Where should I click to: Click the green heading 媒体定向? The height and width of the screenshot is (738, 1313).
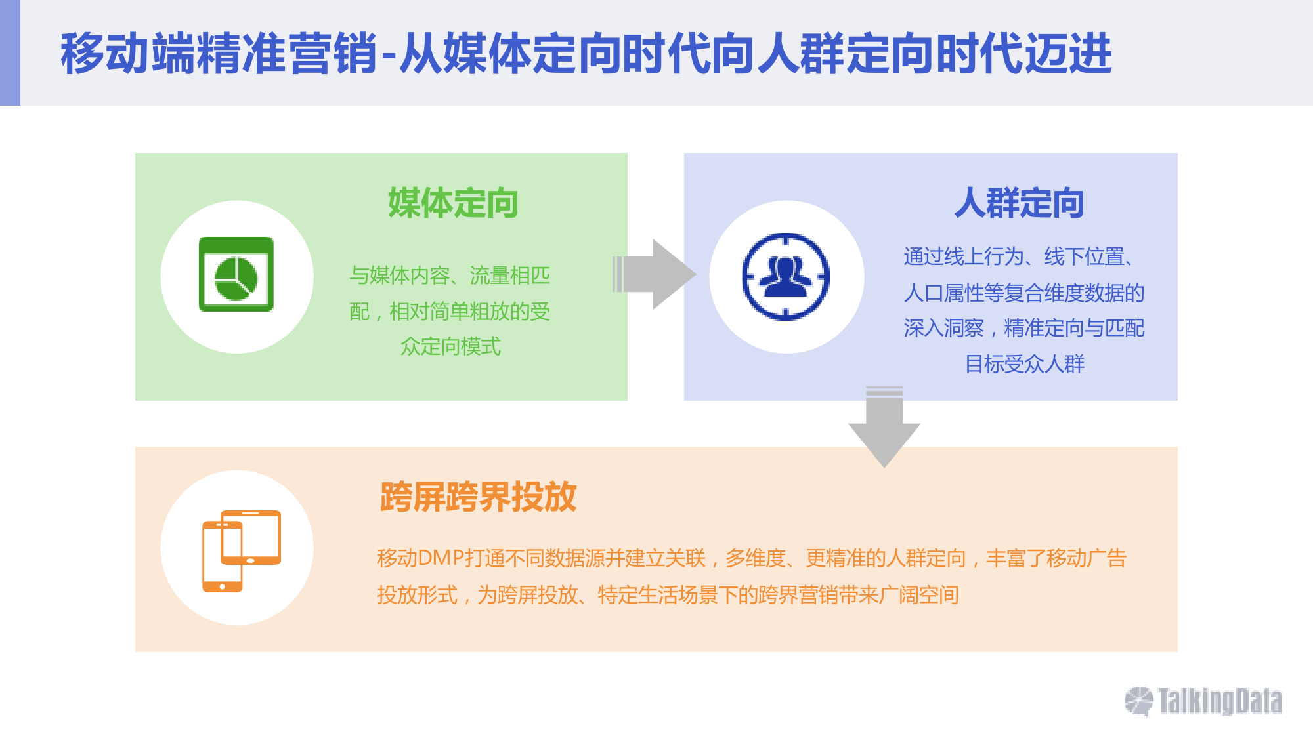[x=453, y=203]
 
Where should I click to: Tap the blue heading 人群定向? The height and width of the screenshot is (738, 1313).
[x=1019, y=203]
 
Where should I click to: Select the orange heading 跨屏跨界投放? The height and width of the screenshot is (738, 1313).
[x=478, y=497]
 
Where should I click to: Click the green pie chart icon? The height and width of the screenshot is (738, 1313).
[x=236, y=274]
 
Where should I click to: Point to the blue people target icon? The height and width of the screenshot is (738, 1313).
[x=786, y=276]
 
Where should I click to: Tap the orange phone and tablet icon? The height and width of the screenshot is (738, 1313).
[x=242, y=551]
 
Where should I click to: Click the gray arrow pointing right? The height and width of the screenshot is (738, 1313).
[x=654, y=274]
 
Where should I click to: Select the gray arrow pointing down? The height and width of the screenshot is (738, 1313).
[x=884, y=426]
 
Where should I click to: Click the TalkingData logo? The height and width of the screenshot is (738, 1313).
[x=1203, y=701]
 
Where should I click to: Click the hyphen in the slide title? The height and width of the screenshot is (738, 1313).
[x=388, y=55]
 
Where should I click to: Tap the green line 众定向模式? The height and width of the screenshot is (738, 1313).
[x=450, y=346]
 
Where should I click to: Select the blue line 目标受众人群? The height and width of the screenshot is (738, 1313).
[x=1024, y=363]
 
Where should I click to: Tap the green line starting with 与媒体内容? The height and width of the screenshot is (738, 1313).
[x=450, y=276]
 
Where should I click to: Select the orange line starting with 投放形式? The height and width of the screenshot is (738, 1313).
[x=668, y=595]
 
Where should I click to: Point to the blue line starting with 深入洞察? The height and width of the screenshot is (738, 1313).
[x=1024, y=328]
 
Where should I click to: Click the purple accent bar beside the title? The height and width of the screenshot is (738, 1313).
[x=10, y=52]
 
